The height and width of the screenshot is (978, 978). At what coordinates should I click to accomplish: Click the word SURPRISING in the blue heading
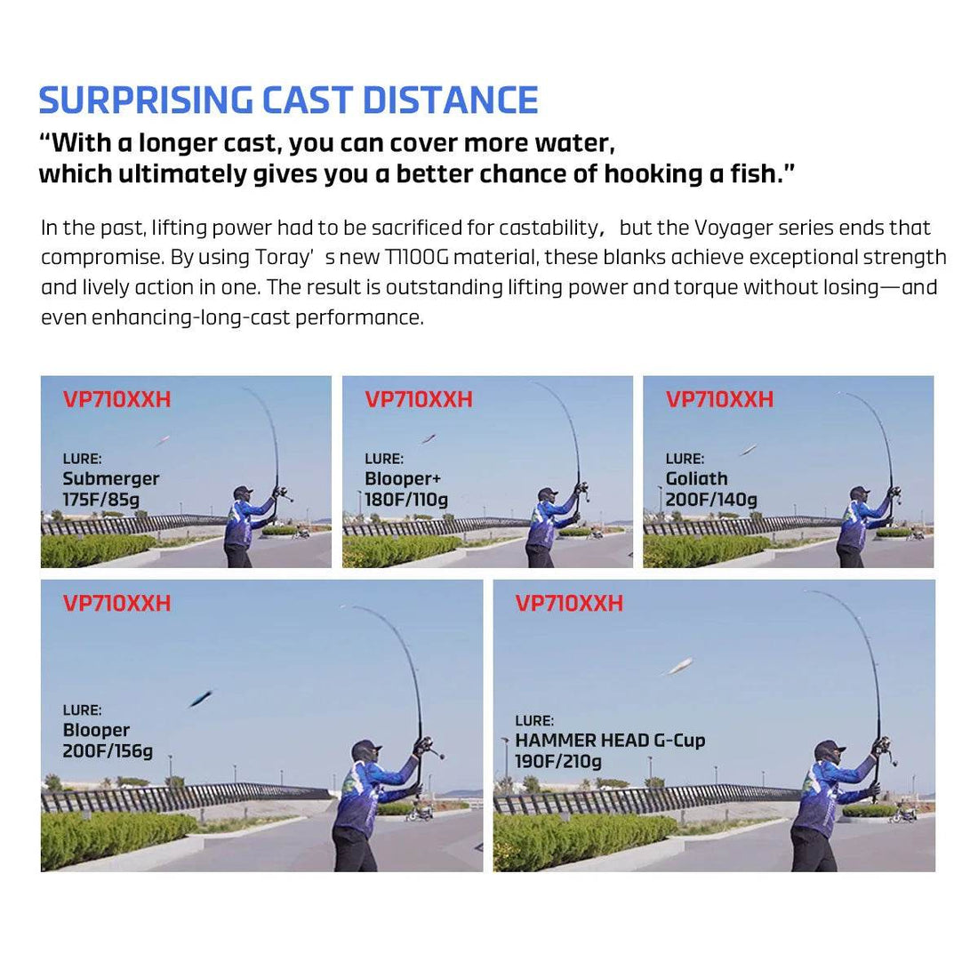coord(145,100)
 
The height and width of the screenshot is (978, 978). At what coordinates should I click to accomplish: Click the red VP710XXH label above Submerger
coord(116,399)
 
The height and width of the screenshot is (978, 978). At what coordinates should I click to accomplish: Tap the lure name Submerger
coord(111,478)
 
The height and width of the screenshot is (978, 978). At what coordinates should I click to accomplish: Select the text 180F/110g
coord(406,500)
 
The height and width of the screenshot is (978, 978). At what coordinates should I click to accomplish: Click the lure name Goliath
coord(697,478)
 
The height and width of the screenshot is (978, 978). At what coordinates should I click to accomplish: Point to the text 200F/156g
coord(108,751)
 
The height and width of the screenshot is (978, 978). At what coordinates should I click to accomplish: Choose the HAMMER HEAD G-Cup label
coord(610,741)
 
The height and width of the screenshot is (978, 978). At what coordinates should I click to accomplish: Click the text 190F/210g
coord(558,762)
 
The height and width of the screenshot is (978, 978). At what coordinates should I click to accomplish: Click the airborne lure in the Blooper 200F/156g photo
coord(200,699)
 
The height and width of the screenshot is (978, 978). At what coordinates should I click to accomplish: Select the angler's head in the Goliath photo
coord(858,494)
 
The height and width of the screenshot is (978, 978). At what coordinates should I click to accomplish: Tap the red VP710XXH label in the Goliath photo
coord(719,399)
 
